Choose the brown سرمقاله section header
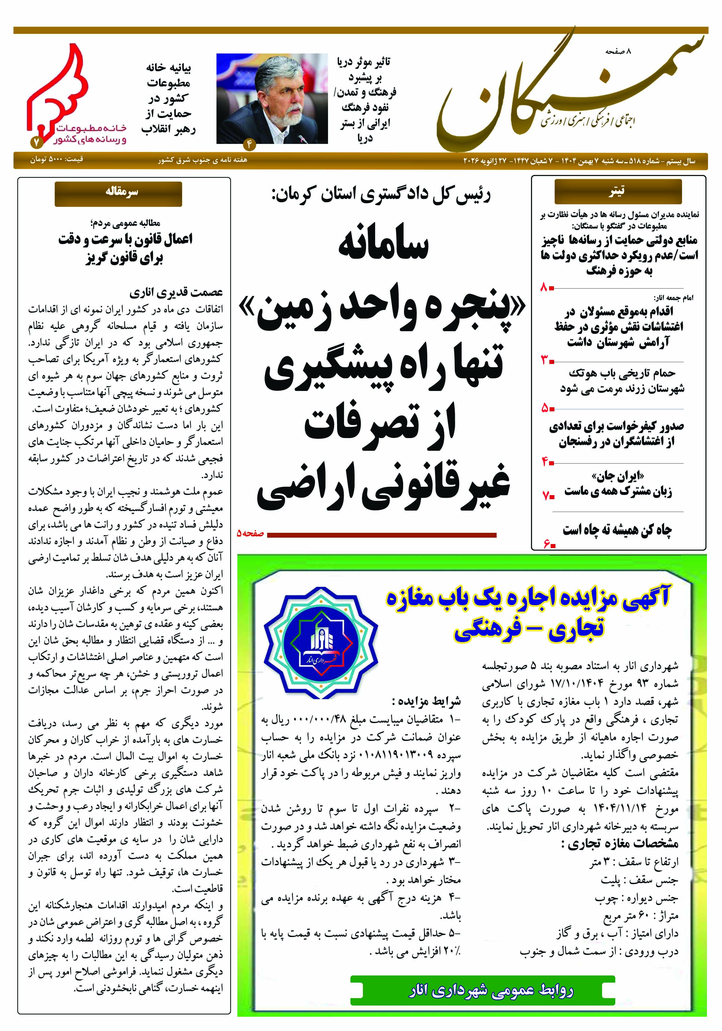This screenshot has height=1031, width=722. pos(118,193)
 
